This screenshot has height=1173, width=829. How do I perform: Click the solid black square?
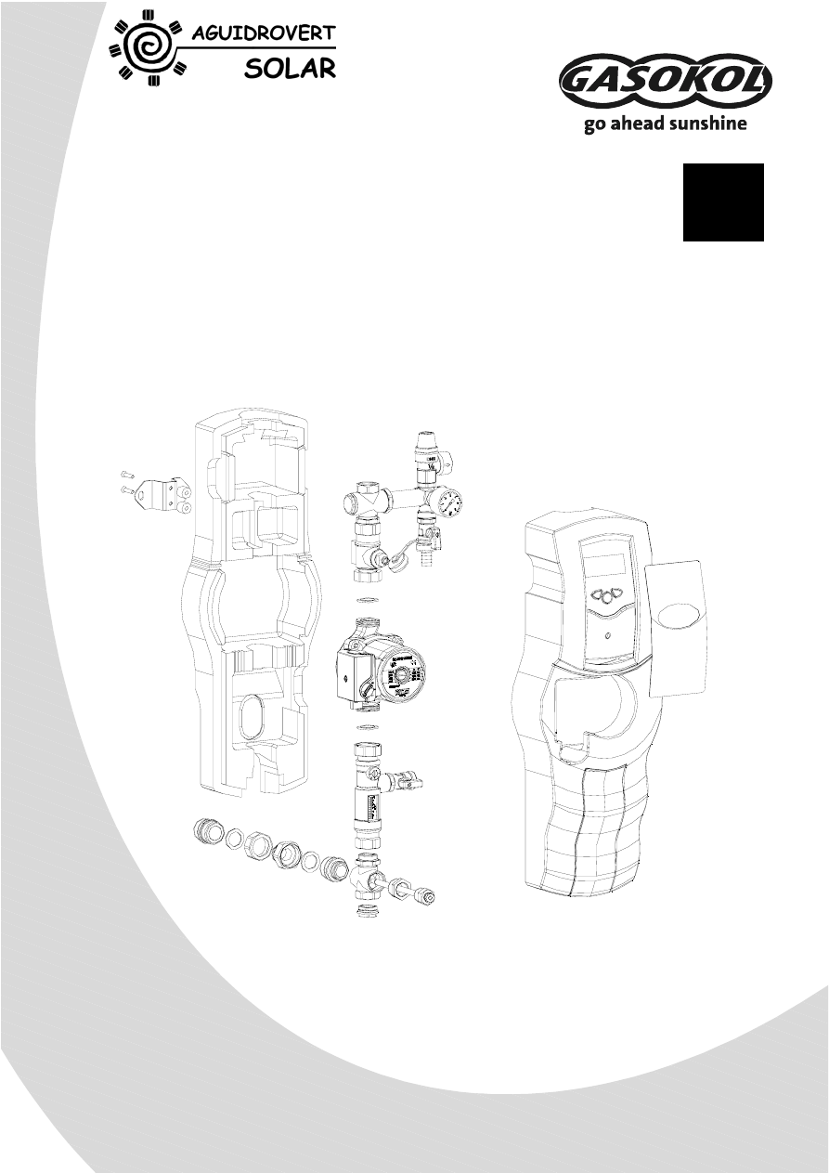pos(723,202)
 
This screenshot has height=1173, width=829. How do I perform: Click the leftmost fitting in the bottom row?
pos(207,830)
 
